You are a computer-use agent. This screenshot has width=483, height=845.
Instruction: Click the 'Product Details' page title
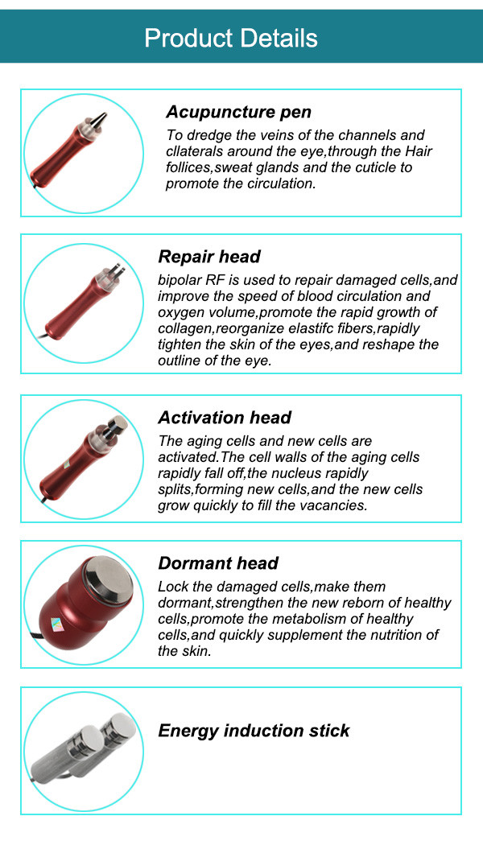pyautogui.click(x=231, y=38)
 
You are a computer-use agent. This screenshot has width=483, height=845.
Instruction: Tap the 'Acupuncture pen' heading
pyautogui.click(x=238, y=112)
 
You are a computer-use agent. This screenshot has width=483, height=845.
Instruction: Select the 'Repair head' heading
pyautogui.click(x=209, y=257)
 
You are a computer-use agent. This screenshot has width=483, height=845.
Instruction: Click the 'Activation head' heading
pyautogui.click(x=225, y=417)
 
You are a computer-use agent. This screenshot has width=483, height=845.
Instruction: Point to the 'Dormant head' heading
pyautogui.click(x=218, y=563)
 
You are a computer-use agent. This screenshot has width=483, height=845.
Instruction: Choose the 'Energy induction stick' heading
pyautogui.click(x=254, y=731)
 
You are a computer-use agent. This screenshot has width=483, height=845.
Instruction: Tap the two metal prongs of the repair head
pyautogui.click(x=118, y=269)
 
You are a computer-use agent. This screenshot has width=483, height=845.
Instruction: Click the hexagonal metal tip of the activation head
pyautogui.click(x=117, y=424)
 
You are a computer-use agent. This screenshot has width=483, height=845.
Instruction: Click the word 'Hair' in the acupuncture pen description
pyautogui.click(x=419, y=151)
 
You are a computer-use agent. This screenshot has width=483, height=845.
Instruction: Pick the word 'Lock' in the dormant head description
pyautogui.click(x=171, y=587)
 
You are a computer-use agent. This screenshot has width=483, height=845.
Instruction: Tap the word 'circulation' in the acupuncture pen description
pyautogui.click(x=283, y=183)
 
